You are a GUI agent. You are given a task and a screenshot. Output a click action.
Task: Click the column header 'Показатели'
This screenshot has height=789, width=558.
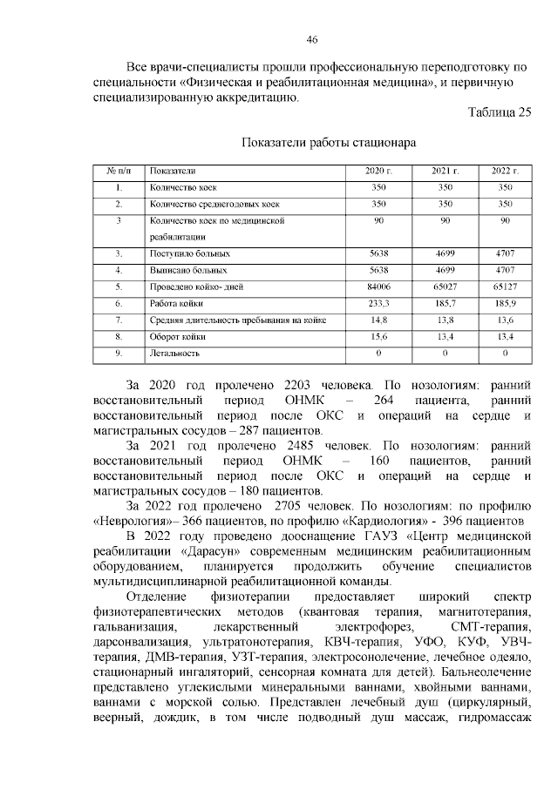tap(173, 171)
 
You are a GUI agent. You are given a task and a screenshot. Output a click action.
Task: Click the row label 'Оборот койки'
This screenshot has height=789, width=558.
tap(177, 337)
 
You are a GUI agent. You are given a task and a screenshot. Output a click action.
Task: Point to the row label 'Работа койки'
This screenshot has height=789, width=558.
tap(177, 303)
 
